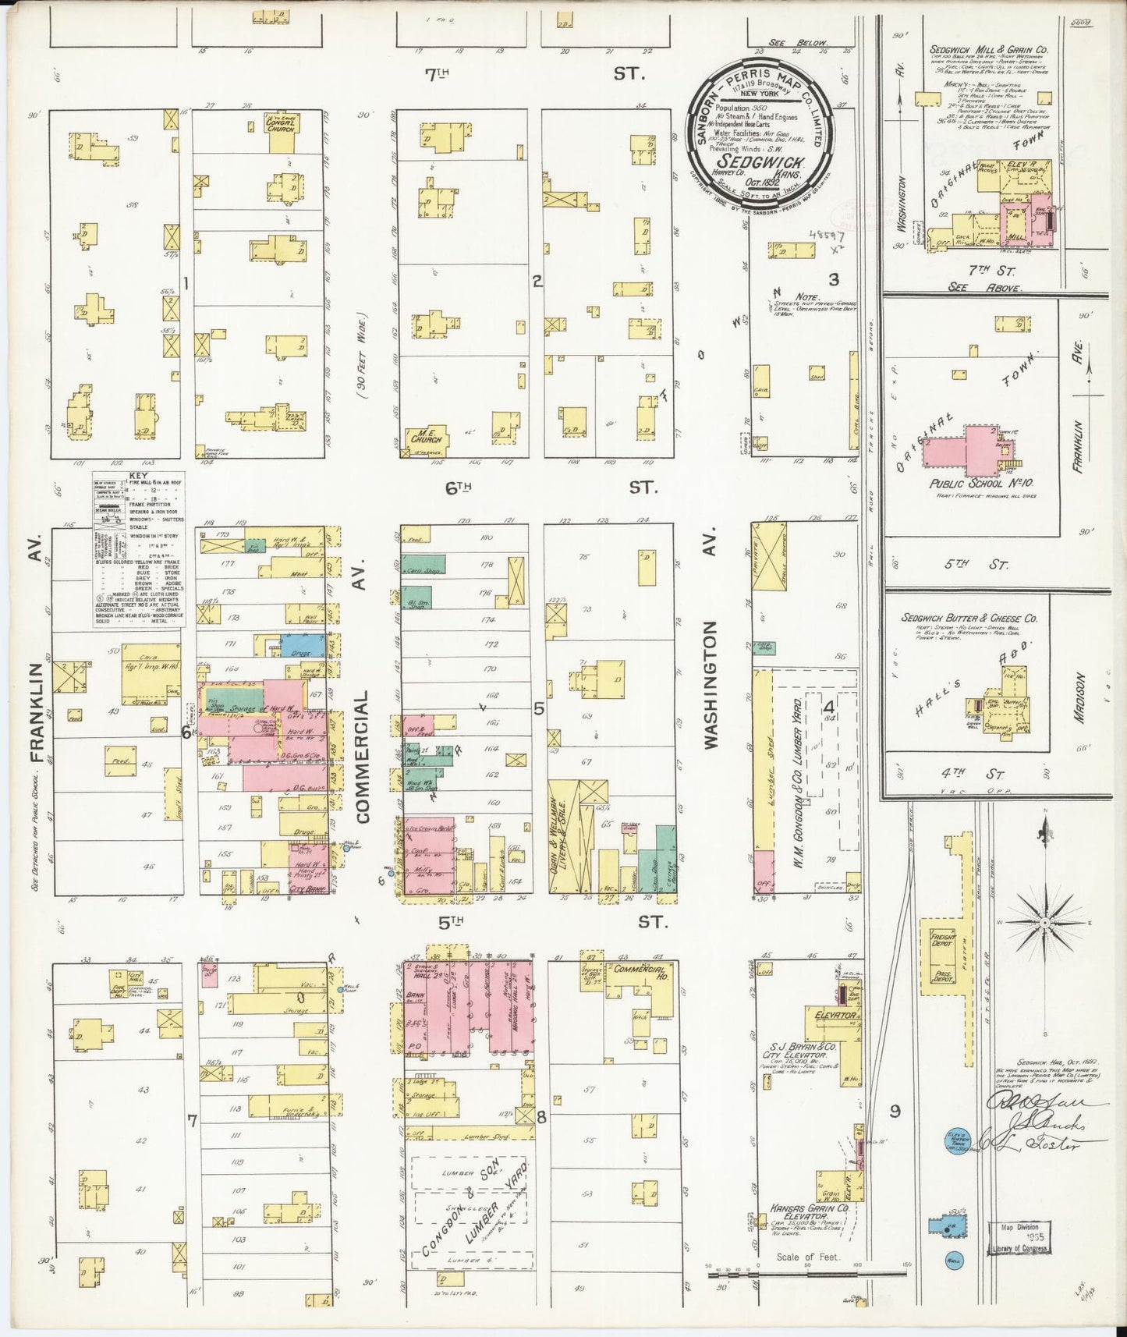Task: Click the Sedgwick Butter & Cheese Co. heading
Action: (969, 618)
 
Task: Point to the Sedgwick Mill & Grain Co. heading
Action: (988, 49)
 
